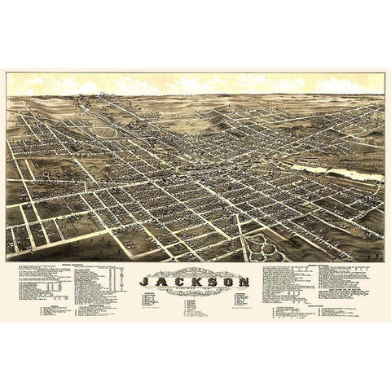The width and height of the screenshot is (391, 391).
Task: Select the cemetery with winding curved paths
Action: [x=266, y=244]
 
